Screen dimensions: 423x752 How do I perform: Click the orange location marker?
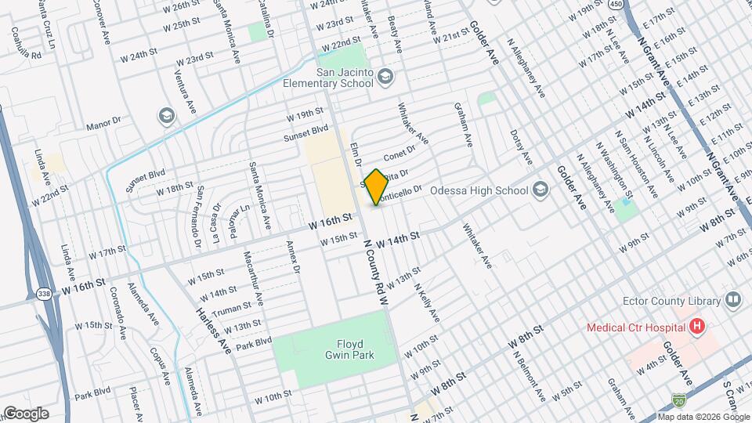[376, 186]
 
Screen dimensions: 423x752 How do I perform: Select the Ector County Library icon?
[733, 299]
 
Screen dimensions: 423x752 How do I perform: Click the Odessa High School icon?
[540, 190]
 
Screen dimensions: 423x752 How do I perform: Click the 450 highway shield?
[616, 5]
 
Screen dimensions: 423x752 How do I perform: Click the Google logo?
[26, 413]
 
